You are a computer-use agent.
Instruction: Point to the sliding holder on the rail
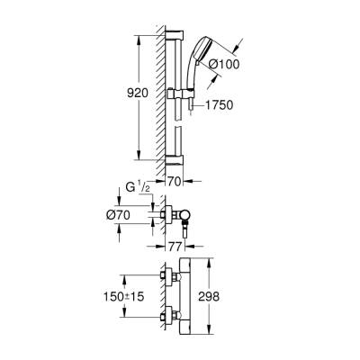tap(176, 93)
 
